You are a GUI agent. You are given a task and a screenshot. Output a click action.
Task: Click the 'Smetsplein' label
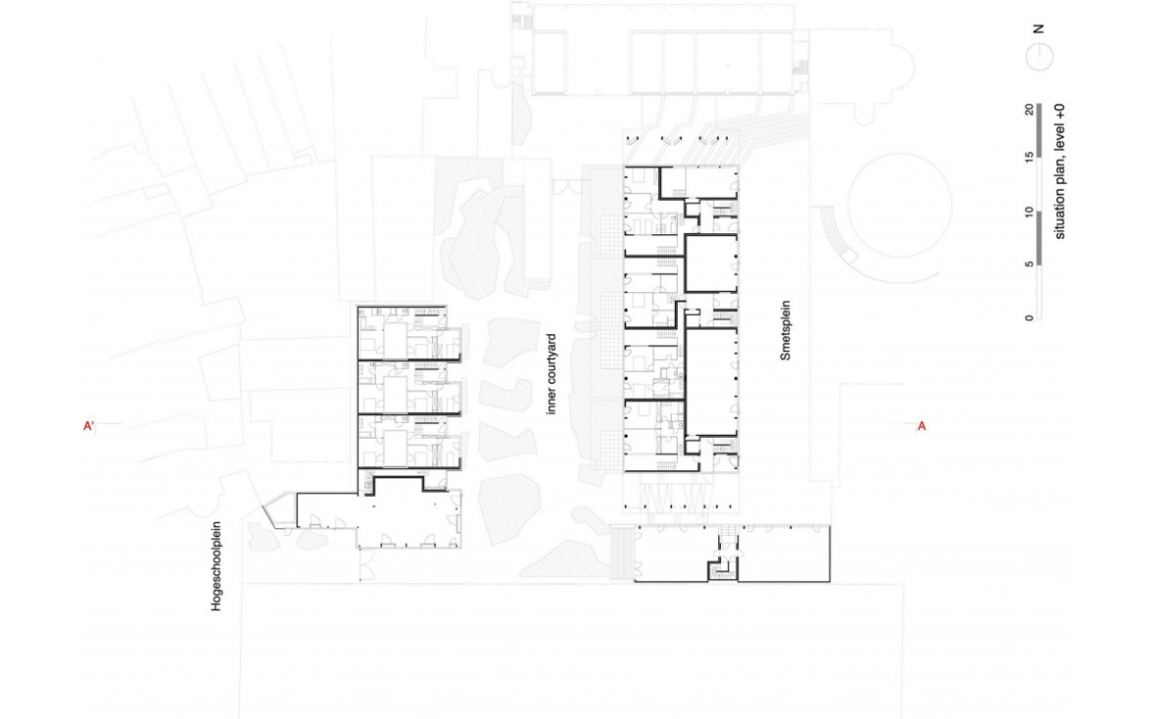pyautogui.click(x=785, y=330)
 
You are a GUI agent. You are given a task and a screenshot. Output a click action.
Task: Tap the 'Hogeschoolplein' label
pyautogui.click(x=216, y=567)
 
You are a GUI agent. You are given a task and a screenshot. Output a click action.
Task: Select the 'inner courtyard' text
pyautogui.click(x=552, y=374)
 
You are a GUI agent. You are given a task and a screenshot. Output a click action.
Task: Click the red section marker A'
pyautogui.click(x=89, y=426)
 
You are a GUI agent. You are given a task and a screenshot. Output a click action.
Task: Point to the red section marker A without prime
pyautogui.click(x=922, y=426)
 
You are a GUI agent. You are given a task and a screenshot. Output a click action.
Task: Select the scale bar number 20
pyautogui.click(x=1030, y=110)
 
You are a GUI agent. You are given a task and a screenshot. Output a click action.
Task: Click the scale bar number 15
pyautogui.click(x=1030, y=156)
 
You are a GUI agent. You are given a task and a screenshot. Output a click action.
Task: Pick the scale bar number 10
pyautogui.click(x=1030, y=212)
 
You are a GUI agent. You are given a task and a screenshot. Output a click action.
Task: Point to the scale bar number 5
pyautogui.click(x=1030, y=265)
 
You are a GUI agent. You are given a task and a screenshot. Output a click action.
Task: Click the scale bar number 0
pyautogui.click(x=1030, y=317)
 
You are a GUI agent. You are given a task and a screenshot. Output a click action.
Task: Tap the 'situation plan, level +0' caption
pyautogui.click(x=1060, y=172)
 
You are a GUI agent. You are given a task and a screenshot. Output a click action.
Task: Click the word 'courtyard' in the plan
pyautogui.click(x=552, y=361)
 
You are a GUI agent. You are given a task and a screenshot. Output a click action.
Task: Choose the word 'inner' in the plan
pyautogui.click(x=552, y=403)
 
